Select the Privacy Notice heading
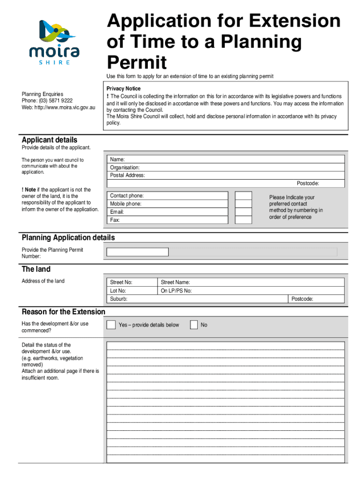(x=123, y=88)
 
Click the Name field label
(x=117, y=160)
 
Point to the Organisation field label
(x=125, y=167)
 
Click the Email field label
(x=116, y=212)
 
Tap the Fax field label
(x=115, y=220)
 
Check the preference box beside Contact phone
(x=243, y=196)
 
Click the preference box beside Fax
(x=243, y=220)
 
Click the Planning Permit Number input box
(x=137, y=252)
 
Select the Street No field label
(x=121, y=282)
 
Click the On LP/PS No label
(x=176, y=290)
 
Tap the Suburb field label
(x=118, y=299)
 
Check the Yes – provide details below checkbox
(x=111, y=325)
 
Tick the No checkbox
(x=194, y=325)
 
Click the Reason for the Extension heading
(x=64, y=312)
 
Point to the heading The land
(x=36, y=269)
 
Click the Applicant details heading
(x=50, y=140)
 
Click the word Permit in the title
(x=137, y=62)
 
